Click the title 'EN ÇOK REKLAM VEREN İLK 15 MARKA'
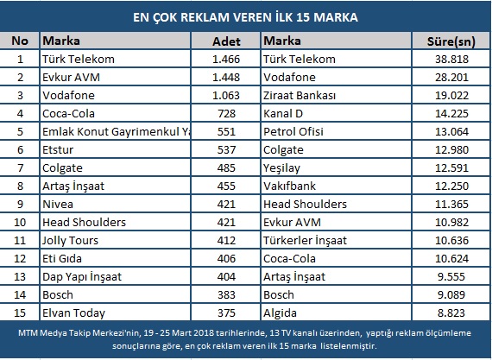click(245, 17)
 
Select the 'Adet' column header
click(226, 41)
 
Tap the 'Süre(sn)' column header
click(451, 41)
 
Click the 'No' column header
click(20, 41)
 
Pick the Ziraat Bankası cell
click(300, 96)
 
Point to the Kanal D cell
click(283, 114)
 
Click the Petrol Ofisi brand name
click(293, 132)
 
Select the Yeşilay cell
click(281, 168)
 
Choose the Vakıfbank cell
click(289, 186)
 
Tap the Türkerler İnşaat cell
click(305, 241)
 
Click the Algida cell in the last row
click(280, 313)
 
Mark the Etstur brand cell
click(58, 150)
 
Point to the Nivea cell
click(58, 205)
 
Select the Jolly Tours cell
click(70, 241)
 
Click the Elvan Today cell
click(73, 313)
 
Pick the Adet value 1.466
click(226, 60)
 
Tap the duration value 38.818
click(451, 60)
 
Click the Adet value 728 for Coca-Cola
click(226, 114)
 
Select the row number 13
click(20, 277)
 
